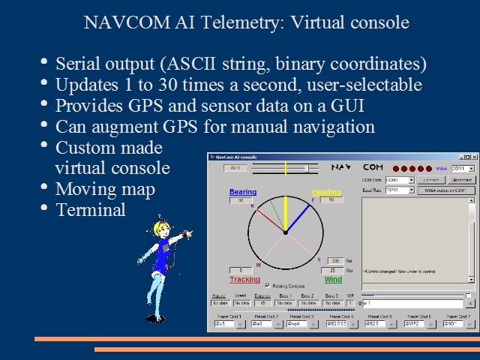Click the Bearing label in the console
point(242,193)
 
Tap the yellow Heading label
point(326,193)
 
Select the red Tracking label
point(244,280)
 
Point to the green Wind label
point(333,280)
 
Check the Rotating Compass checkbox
point(268,285)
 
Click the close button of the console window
point(471,157)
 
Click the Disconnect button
point(462,180)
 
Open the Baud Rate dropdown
point(411,190)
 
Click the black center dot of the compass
point(285,233)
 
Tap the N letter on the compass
point(252,205)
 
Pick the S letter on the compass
point(319,259)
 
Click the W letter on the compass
point(259,265)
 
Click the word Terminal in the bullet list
point(91,210)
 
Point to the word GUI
point(319,106)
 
